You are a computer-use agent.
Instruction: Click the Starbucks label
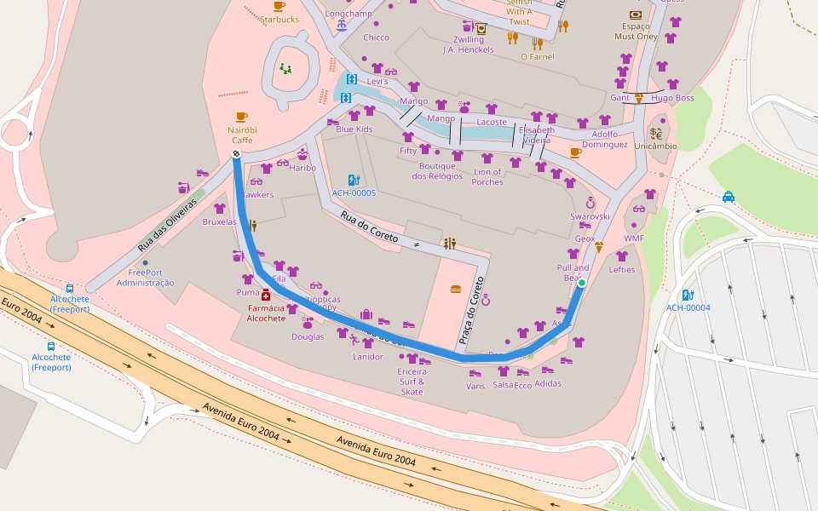(x=279, y=19)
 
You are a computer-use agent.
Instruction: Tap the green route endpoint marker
(x=582, y=282)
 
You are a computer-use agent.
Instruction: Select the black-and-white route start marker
(x=236, y=153)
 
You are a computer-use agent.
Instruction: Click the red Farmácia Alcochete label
(x=267, y=313)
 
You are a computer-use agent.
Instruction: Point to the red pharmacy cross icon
(x=266, y=295)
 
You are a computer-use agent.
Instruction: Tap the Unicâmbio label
(x=655, y=146)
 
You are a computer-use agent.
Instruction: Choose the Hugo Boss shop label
(x=672, y=98)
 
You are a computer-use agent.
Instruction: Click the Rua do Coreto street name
(x=370, y=227)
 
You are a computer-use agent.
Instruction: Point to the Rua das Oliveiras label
(x=167, y=225)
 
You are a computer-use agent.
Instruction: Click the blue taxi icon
(x=729, y=197)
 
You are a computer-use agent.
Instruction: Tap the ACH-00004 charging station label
(x=688, y=307)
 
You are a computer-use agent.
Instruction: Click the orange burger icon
(x=455, y=290)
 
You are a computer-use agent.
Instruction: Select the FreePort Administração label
(x=145, y=278)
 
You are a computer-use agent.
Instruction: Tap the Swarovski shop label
(x=590, y=216)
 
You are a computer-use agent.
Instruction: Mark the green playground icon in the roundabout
(x=285, y=68)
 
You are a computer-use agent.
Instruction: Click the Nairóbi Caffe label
(x=242, y=135)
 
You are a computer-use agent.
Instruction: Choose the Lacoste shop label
(x=492, y=122)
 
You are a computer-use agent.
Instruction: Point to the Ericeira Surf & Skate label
(x=412, y=381)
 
